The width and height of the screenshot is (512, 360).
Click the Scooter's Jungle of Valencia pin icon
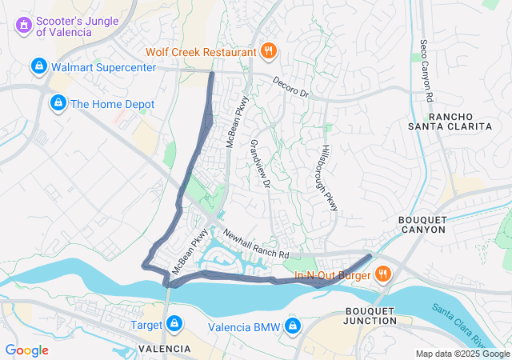tap(24, 26)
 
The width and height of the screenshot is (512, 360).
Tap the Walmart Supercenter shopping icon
tap(38, 66)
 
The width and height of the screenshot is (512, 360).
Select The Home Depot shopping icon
tap(57, 103)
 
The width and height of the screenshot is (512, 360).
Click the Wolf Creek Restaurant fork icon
tap(270, 52)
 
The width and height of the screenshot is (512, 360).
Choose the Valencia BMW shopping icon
tap(294, 326)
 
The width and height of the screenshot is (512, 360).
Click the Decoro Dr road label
tap(290, 86)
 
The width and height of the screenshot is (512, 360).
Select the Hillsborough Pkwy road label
tap(330, 178)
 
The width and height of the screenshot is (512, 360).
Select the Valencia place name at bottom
tap(164, 350)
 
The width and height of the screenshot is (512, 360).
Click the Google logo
tap(26, 350)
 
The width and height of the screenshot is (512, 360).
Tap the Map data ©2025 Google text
tap(462, 354)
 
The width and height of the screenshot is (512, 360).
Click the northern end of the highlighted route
tap(211, 74)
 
